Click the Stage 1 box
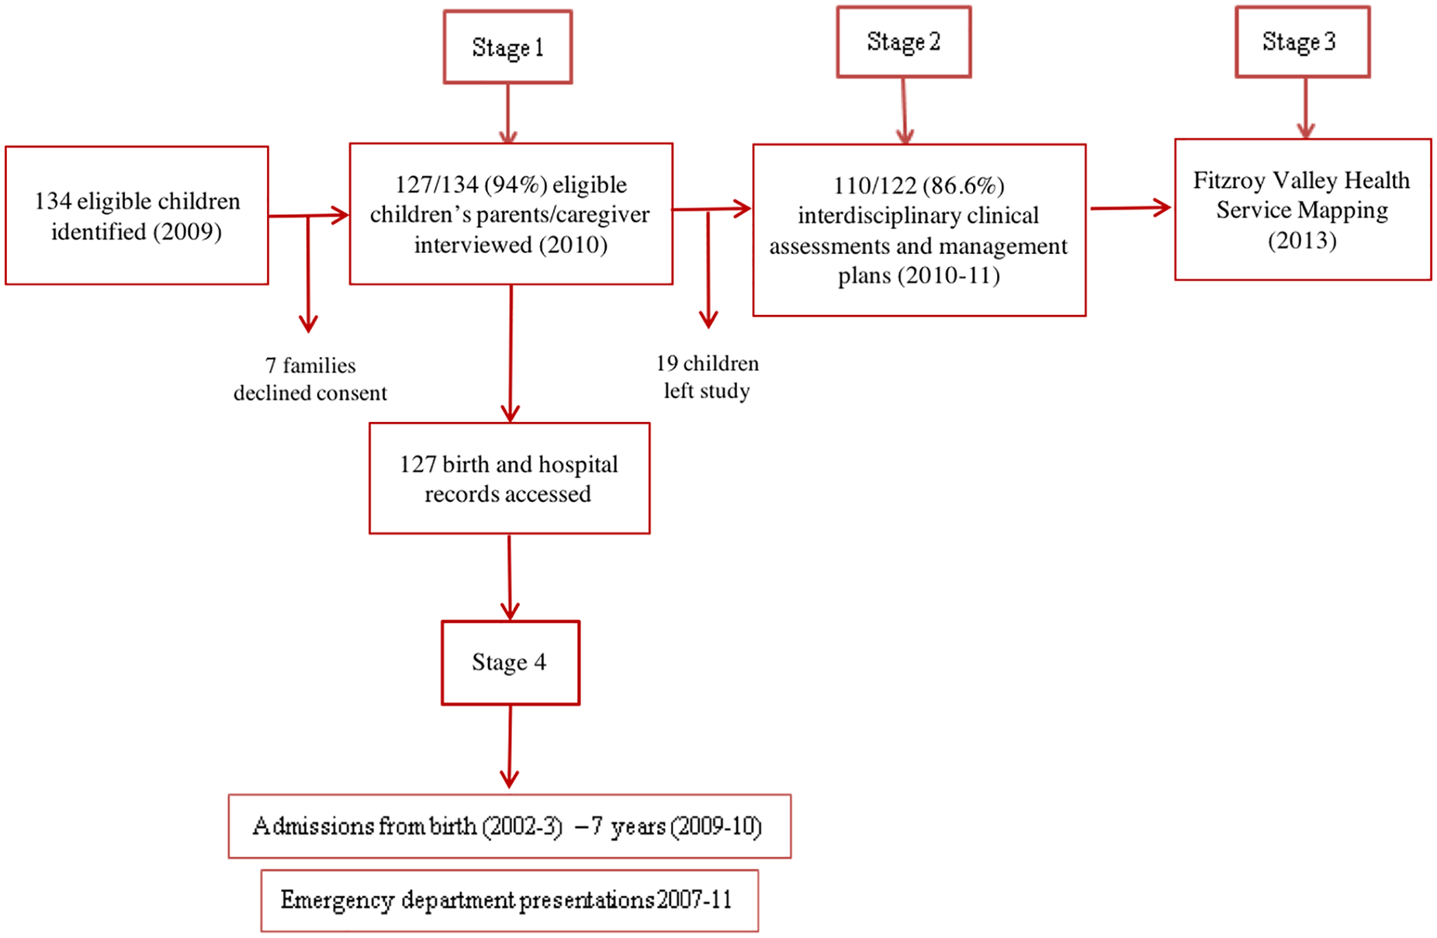[507, 47]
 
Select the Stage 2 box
[903, 42]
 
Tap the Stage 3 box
[1302, 42]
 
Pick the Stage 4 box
[511, 663]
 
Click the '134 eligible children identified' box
[137, 216]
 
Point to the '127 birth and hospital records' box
[509, 478]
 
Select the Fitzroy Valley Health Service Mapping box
[1303, 209]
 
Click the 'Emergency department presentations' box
[509, 900]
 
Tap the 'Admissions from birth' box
[510, 826]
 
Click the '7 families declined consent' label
[310, 379]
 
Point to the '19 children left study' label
[707, 377]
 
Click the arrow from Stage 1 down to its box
[508, 113]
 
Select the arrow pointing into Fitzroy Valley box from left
[1131, 208]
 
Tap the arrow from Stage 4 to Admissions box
[510, 746]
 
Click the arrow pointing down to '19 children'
[708, 268]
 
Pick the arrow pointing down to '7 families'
[309, 274]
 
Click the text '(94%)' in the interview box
[515, 185]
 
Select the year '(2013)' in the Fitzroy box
[1302, 241]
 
